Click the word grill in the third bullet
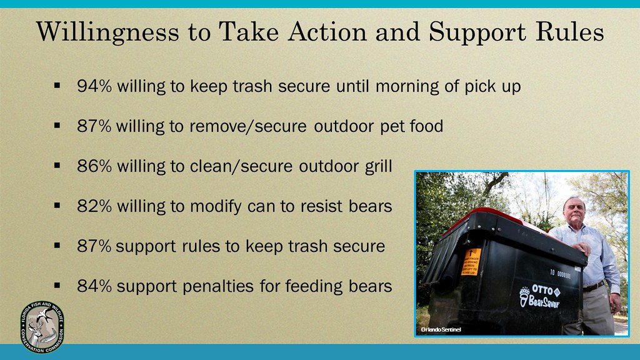(x=377, y=166)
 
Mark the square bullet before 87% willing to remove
(x=57, y=126)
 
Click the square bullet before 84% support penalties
(x=57, y=286)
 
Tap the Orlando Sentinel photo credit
(x=440, y=329)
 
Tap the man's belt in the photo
(x=593, y=286)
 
